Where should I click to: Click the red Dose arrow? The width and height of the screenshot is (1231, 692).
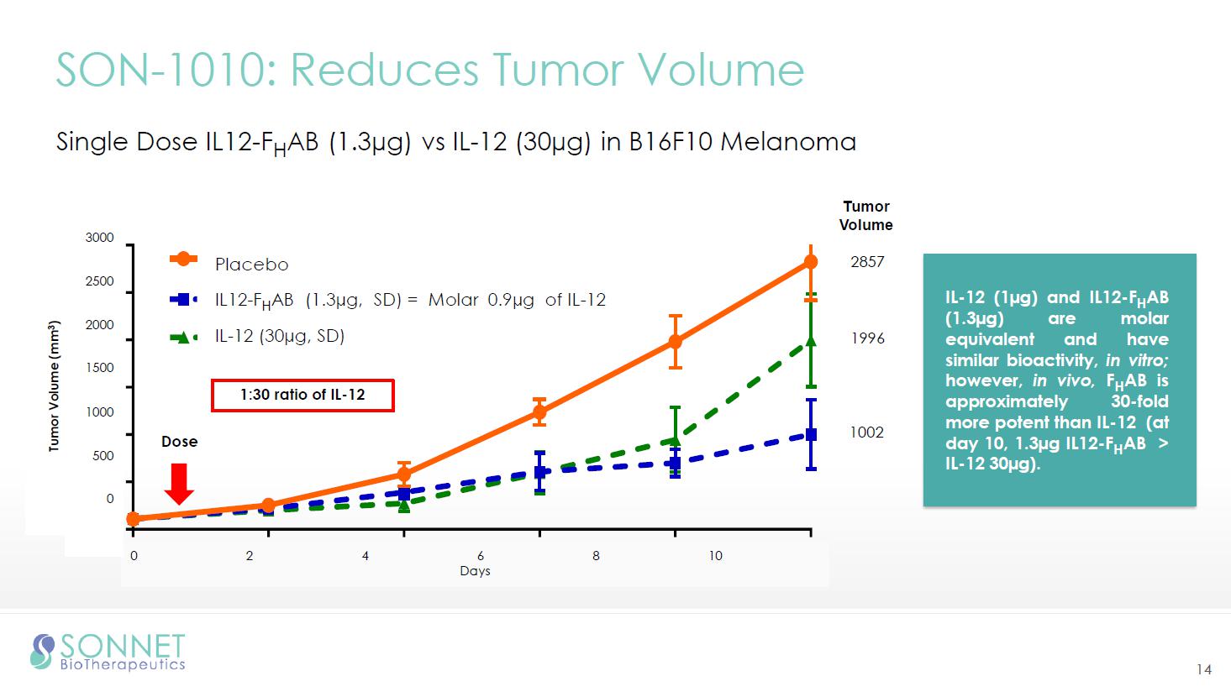pos(179,482)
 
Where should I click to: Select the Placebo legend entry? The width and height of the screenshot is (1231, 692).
pos(251,265)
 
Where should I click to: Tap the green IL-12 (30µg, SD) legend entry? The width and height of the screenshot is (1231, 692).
pos(279,337)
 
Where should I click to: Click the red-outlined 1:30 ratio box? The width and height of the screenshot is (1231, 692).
pos(302,395)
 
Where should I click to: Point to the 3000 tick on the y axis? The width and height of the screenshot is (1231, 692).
pos(99,238)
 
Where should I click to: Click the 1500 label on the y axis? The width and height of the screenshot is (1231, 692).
pos(99,368)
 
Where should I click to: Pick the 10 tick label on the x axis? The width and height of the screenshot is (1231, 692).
pos(715,555)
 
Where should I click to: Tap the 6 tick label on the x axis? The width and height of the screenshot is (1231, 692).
pos(481,555)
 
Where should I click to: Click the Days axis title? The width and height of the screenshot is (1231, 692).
pos(475,571)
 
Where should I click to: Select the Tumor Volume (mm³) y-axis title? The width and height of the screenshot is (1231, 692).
pos(55,386)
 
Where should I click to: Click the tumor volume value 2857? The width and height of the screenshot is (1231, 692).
pos(867,262)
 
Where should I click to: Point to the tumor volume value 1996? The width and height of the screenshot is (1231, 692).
pos(867,338)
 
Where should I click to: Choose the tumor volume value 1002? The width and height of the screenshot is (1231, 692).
pos(867,432)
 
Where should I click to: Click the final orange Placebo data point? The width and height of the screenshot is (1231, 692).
pos(811,262)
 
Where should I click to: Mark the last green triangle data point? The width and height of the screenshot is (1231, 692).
pos(811,340)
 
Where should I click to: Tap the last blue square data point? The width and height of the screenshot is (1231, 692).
pos(811,434)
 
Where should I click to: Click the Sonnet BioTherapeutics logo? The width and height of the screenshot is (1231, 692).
pos(108,653)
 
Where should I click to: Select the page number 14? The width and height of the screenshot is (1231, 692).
pos(1204,669)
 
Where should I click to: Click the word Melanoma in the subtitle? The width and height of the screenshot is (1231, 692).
pos(788,142)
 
